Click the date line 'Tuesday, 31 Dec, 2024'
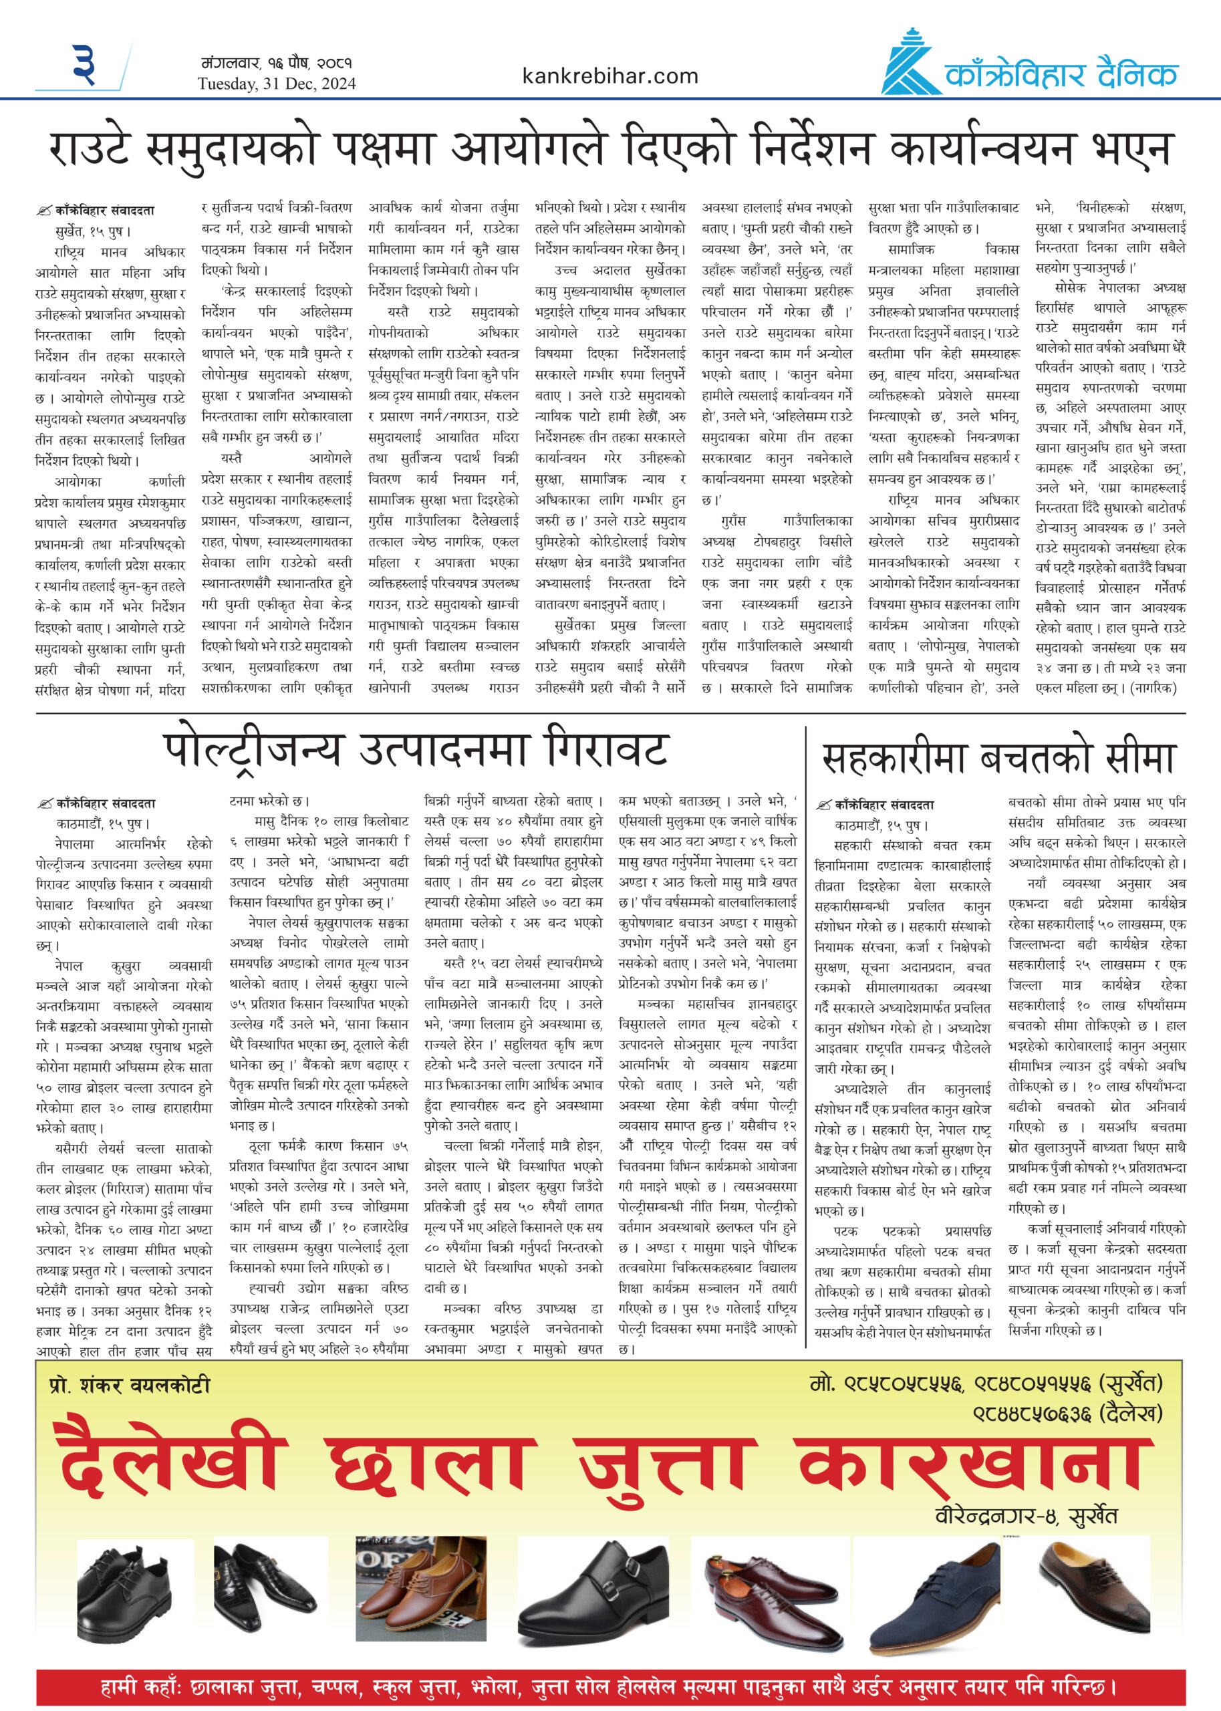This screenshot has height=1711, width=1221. tap(277, 84)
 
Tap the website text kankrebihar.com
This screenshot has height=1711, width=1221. tap(609, 76)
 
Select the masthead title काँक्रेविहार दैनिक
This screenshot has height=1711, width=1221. tap(1061, 75)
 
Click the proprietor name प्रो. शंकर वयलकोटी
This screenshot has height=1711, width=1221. tap(130, 1385)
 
